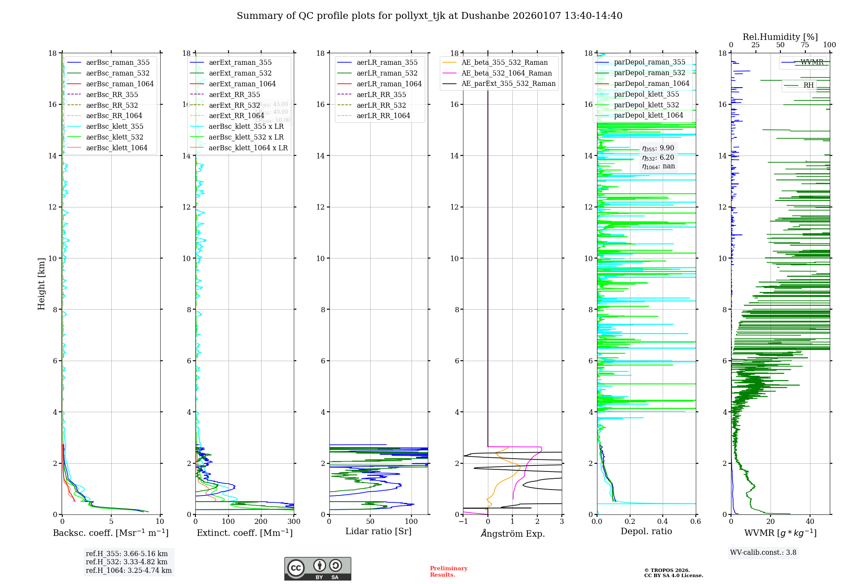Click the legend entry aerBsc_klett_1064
pos(116,148)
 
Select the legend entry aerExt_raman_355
pos(240,63)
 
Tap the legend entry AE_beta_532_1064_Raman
pos(506,73)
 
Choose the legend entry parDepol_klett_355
pos(646,94)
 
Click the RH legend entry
pos(808,85)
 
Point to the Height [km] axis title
pos(41,284)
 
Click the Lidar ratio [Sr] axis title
pos(378,532)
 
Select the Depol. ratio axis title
pos(646,532)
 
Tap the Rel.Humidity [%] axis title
pos(780,37)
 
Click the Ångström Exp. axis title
pos(512,534)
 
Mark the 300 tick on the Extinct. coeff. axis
pos(294,522)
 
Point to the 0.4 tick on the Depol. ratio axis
pos(663,522)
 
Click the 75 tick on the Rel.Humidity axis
pos(805,45)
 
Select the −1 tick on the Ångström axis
pos(463,522)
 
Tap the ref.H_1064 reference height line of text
pos(128,571)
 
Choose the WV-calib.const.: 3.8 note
pos(763,553)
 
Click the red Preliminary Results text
pos(448,572)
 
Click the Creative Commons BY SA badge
pos(317,569)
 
